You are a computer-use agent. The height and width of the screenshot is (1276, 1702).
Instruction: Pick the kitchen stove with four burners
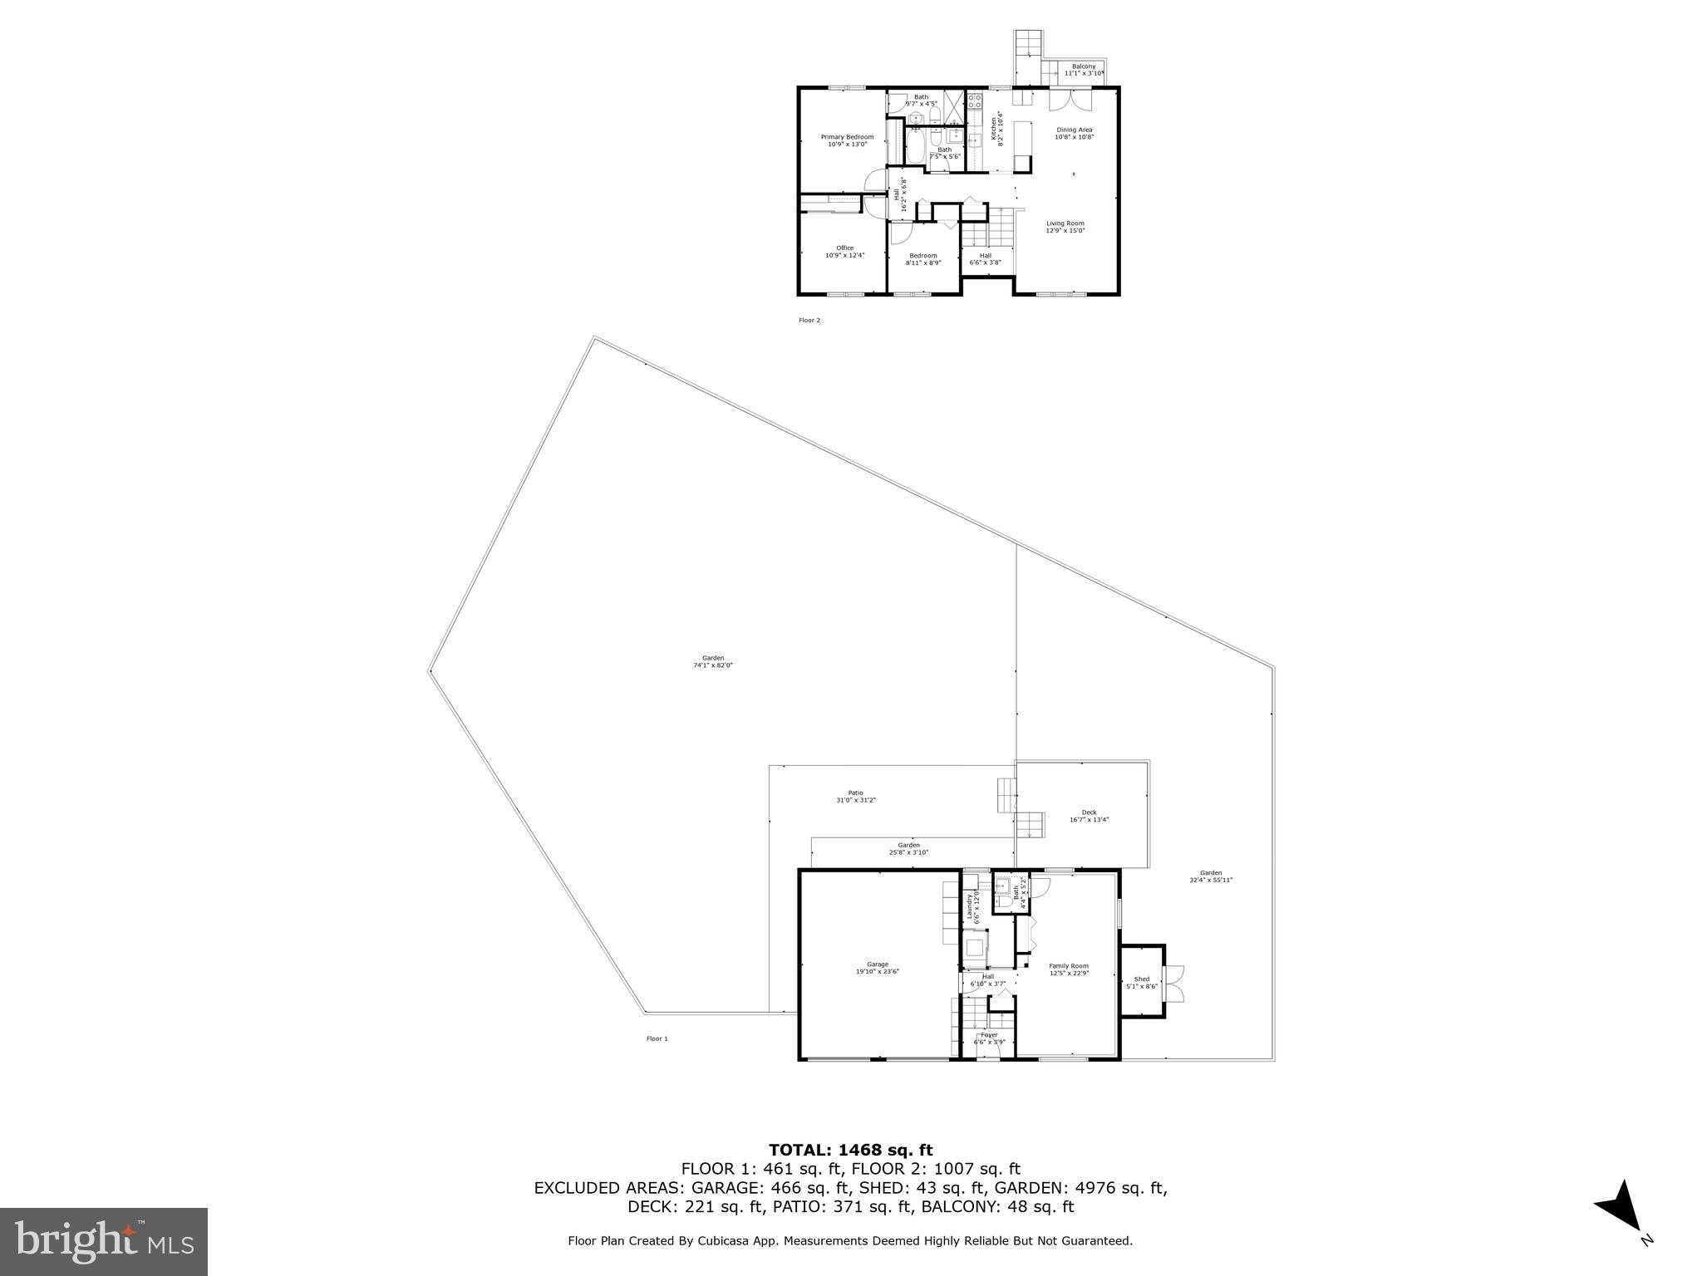pos(975,101)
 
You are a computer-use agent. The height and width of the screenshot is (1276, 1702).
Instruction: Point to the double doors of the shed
pos(1175,984)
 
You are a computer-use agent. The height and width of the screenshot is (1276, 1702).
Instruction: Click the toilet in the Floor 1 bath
pos(1005,901)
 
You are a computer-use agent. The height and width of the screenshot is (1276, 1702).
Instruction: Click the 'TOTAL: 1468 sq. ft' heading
pos(850,1151)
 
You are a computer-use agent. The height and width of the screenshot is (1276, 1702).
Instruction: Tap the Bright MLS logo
pos(104,1241)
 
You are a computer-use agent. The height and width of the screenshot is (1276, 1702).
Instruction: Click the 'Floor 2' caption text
pos(809,320)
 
